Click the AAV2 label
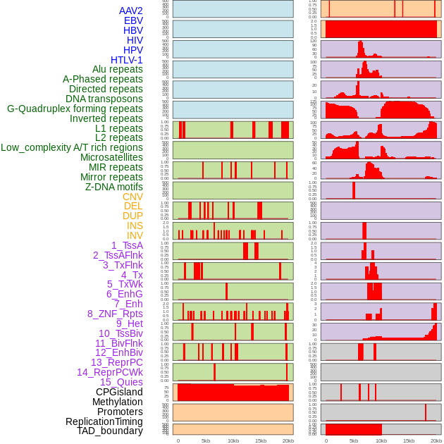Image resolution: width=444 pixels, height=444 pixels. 130,11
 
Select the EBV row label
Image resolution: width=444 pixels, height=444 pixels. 132,20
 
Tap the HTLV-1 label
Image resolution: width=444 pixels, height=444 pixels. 126,60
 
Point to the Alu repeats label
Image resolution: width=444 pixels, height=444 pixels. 117,69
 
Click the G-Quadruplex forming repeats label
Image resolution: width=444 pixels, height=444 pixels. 75,109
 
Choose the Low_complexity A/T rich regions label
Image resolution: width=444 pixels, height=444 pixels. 72,147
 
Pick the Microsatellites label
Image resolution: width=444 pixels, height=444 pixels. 111,157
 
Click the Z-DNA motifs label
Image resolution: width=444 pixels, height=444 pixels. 113,187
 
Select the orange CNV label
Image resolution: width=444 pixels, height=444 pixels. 132,197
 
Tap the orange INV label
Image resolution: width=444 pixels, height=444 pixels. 135,235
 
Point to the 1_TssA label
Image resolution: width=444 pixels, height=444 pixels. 127,245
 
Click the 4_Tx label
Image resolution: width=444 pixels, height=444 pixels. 132,275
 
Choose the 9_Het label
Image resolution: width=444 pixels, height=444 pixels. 130,323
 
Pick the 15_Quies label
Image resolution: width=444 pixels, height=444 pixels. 121,382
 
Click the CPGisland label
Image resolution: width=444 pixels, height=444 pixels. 119,392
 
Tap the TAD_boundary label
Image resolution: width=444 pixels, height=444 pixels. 109,431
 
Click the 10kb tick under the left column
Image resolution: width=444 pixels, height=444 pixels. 233,440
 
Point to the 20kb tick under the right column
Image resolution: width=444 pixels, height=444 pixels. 436,440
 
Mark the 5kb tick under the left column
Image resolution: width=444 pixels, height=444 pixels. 206,440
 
